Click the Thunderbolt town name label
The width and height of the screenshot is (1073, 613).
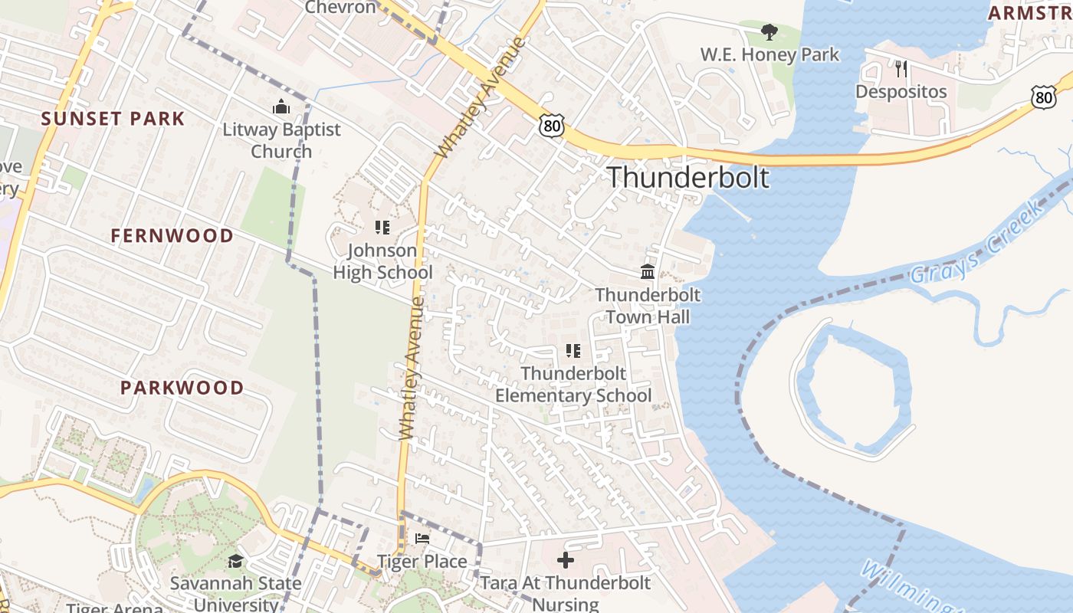(687, 177)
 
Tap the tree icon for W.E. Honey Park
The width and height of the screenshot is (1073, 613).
(769, 32)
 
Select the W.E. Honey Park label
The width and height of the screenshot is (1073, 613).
(769, 55)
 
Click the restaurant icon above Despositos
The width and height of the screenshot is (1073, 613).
(901, 69)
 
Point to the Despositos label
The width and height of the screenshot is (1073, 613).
(901, 92)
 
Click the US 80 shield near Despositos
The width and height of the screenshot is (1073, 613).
(1043, 97)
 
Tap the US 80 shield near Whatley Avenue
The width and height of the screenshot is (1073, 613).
(551, 126)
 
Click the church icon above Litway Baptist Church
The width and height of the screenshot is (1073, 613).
(281, 107)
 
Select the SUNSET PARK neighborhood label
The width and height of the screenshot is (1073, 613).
(113, 119)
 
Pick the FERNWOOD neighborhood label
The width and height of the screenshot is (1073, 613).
(172, 236)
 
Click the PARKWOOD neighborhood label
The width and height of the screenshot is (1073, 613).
(182, 388)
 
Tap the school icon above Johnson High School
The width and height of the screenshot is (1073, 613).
(382, 228)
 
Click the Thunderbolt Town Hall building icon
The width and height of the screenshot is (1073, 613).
(647, 272)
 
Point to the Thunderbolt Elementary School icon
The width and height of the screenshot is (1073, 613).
(573, 351)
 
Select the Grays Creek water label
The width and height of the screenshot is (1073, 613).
(977, 243)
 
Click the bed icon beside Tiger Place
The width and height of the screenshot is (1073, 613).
(422, 539)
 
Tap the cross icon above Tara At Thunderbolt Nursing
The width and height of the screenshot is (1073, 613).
(566, 560)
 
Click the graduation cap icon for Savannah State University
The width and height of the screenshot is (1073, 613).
(235, 562)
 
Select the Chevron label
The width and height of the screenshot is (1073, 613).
(340, 8)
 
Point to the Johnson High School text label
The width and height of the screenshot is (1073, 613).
(382, 261)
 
